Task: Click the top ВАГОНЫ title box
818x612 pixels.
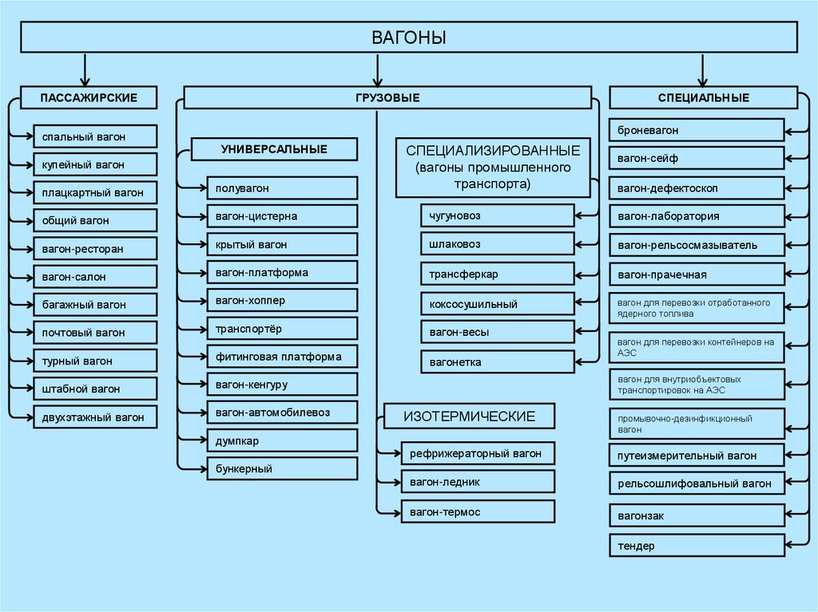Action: [x=408, y=38]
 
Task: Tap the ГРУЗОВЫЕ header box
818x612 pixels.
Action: [x=387, y=97]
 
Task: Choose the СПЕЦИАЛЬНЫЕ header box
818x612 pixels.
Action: [x=703, y=97]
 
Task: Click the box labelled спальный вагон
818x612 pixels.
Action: [x=95, y=137]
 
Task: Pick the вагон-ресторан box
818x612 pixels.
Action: [x=95, y=249]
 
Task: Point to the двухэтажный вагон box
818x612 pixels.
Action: [x=95, y=417]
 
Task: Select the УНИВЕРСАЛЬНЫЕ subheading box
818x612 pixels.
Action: [x=274, y=149]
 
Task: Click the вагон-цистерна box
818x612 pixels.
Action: [x=281, y=216]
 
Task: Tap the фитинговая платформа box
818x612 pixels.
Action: [x=281, y=357]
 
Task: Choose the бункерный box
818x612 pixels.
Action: [x=281, y=468]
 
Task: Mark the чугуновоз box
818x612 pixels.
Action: [x=497, y=215]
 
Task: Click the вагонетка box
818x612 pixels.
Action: [x=497, y=362]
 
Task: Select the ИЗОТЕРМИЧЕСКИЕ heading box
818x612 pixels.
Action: [x=469, y=417]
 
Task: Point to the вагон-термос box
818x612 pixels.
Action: [x=477, y=511]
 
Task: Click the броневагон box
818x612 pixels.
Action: [x=697, y=129]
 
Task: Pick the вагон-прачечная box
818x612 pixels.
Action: [x=697, y=275]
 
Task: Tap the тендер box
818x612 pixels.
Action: [x=697, y=546]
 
